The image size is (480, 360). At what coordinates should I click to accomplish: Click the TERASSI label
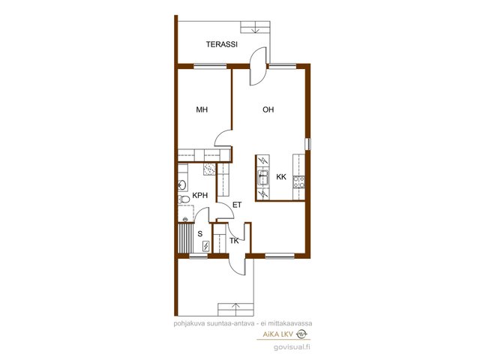222,44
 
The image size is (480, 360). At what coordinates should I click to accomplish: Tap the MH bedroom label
202,109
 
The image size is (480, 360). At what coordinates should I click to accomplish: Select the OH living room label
268,109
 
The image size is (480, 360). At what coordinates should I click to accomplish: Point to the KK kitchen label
281,177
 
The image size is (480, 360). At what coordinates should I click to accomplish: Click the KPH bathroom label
200,195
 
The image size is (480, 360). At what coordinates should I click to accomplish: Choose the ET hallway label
237,205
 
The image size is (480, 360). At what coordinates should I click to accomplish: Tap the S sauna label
200,234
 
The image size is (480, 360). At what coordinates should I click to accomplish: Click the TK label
234,241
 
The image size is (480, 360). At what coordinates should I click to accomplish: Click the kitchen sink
263,178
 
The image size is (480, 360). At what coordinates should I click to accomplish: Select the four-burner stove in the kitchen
298,182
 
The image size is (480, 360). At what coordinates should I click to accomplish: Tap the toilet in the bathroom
184,199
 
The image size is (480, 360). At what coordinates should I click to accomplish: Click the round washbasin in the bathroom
181,185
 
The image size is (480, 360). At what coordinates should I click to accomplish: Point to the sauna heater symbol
206,246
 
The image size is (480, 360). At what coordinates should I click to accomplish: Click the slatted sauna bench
186,238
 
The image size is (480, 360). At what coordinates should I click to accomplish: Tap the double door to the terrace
258,66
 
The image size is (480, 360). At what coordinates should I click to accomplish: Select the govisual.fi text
292,347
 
